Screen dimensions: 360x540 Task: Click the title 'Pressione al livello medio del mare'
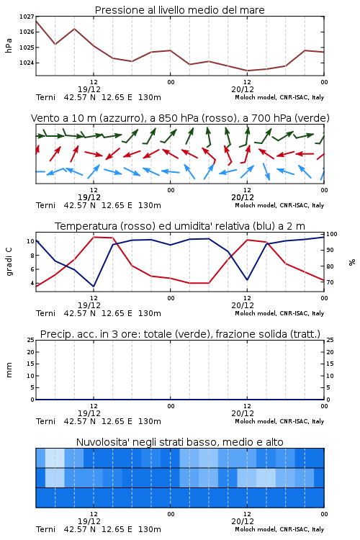pyautogui.click(x=179, y=10)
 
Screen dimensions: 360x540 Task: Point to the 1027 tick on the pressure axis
pyautogui.click(x=27, y=17)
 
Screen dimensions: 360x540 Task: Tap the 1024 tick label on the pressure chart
pyautogui.click(x=27, y=63)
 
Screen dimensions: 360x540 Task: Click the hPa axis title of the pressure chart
pyautogui.click(x=9, y=45)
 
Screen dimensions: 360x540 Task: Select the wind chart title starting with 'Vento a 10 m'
pyautogui.click(x=180, y=118)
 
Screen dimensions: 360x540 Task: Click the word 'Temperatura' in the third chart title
pyautogui.click(x=86, y=226)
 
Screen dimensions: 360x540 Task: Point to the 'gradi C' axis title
pyautogui.click(x=9, y=261)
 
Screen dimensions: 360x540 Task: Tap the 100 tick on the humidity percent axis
pyautogui.click(x=332, y=234)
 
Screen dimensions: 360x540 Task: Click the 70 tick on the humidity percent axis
pyautogui.click(x=330, y=282)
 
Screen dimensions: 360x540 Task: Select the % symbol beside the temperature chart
pyautogui.click(x=352, y=262)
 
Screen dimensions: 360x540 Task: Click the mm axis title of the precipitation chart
pyautogui.click(x=9, y=370)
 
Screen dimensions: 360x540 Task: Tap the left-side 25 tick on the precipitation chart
pyautogui.click(x=31, y=340)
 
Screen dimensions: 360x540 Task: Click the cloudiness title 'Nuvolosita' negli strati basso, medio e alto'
pyautogui.click(x=179, y=442)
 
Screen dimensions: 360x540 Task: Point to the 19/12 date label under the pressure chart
pyautogui.click(x=89, y=89)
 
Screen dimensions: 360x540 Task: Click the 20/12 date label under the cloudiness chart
pyautogui.click(x=243, y=521)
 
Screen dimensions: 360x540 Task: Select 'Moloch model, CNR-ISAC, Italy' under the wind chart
pyautogui.click(x=279, y=206)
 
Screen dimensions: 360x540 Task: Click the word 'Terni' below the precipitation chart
pyautogui.click(x=45, y=421)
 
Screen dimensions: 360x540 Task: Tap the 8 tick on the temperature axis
pyautogui.click(x=32, y=255)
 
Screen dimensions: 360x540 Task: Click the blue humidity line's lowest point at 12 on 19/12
pyautogui.click(x=94, y=286)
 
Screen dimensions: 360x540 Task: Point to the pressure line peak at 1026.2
pyautogui.click(x=74, y=29)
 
